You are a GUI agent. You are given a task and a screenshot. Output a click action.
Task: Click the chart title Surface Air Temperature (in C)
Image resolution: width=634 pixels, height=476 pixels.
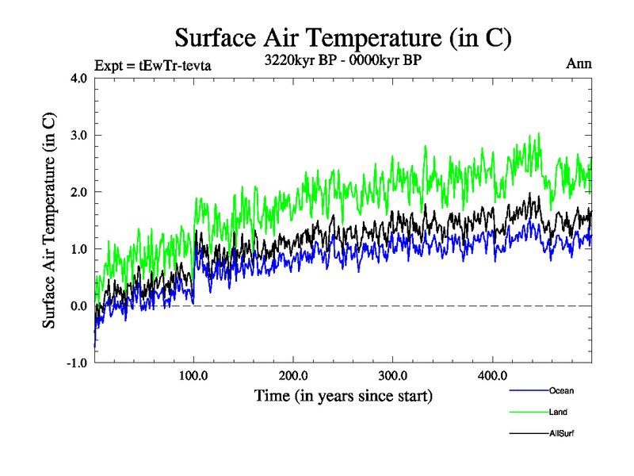pos(342,37)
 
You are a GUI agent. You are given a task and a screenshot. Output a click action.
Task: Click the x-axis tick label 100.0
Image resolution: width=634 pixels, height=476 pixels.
pos(194,375)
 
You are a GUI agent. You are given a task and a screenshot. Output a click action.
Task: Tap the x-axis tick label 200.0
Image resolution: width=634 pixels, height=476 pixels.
pos(293,375)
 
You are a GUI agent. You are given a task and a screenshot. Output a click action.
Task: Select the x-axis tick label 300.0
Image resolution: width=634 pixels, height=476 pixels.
pos(393,375)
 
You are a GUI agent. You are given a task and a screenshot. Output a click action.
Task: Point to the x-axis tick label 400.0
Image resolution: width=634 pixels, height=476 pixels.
pos(492,375)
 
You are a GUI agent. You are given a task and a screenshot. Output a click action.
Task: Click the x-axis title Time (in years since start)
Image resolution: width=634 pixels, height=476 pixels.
pos(343,394)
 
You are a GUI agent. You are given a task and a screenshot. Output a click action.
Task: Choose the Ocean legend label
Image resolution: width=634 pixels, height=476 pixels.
pos(562,390)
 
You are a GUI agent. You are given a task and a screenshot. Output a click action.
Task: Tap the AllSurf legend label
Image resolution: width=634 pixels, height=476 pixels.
pos(563,433)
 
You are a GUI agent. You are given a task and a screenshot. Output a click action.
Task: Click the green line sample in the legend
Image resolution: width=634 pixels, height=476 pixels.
pos(528,412)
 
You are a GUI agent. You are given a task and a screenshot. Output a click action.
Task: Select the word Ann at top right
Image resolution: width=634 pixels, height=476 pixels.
pos(578,64)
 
